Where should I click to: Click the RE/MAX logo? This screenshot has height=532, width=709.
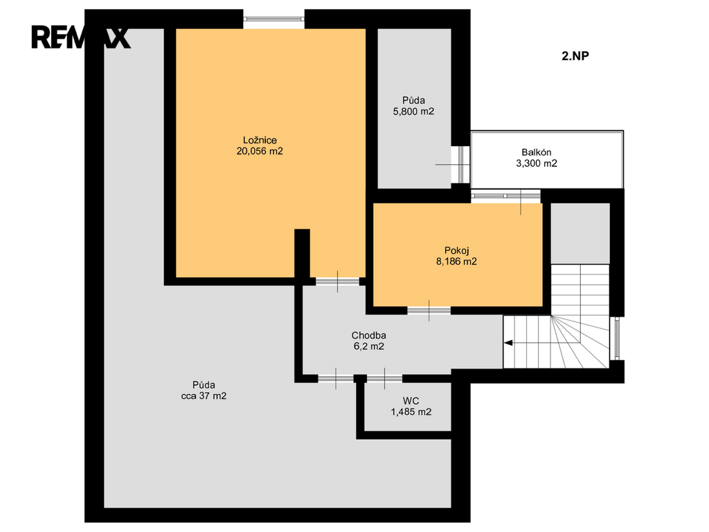[x=81, y=37]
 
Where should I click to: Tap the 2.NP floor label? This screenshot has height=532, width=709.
[x=575, y=56]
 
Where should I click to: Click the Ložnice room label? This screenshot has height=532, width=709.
[x=260, y=140]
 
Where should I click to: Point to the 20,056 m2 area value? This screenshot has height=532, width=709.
[x=260, y=151]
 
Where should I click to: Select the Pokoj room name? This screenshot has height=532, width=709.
[x=457, y=251]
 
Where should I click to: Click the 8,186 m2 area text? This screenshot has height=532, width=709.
[x=456, y=261]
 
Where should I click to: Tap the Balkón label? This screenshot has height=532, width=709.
[x=537, y=152]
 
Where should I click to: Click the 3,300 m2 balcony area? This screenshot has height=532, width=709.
[x=537, y=163]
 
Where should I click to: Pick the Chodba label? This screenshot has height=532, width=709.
[x=369, y=336]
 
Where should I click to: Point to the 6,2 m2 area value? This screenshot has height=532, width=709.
[x=369, y=346]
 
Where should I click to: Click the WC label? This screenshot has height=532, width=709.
[x=411, y=401]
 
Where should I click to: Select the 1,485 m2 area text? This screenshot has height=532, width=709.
[x=411, y=411]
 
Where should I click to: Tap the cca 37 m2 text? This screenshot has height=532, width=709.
[x=204, y=396]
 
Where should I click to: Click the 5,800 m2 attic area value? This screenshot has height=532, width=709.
[x=414, y=112]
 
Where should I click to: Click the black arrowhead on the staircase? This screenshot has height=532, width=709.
[x=508, y=343]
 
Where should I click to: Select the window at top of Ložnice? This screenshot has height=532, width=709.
[x=273, y=19]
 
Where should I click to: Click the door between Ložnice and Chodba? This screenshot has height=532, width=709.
[x=337, y=281]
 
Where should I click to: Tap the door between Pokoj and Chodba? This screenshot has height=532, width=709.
[x=429, y=310]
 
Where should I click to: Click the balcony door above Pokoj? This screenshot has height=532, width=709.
[x=505, y=196]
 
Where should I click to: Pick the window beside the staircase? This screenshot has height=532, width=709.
[x=616, y=338]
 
